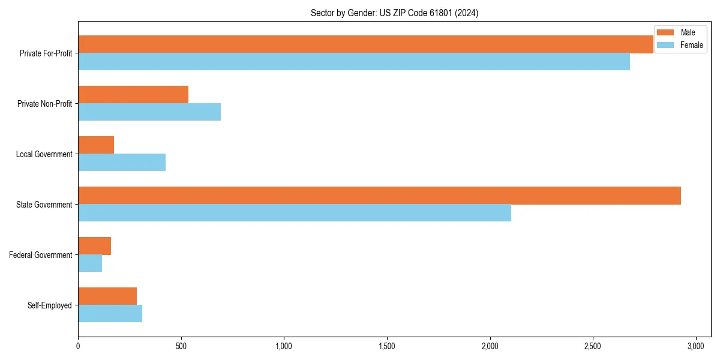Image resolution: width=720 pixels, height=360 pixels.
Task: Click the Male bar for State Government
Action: coord(379,196)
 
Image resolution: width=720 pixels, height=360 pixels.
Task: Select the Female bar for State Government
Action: coord(295,213)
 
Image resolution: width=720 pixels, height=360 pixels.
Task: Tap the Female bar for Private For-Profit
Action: coord(354,62)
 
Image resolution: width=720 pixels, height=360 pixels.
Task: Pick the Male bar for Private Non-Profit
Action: coord(133,95)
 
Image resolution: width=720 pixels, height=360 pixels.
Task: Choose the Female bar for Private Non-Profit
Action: coord(149,112)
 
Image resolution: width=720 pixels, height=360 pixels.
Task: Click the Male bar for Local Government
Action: coord(96,145)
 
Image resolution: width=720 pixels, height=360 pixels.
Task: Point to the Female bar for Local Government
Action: coord(122,163)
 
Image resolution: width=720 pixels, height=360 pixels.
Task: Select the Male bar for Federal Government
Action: coord(94,246)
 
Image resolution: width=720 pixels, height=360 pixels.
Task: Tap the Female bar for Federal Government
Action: coord(90,263)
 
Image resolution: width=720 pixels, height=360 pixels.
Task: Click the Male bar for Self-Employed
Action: coord(107,296)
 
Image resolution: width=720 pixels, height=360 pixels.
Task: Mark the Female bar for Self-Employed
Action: coord(110,314)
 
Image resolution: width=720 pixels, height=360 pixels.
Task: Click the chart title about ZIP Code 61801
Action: coord(394,13)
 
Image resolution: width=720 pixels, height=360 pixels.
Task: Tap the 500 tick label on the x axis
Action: coord(181,346)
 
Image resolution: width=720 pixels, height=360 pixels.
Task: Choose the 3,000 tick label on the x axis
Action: coord(695,346)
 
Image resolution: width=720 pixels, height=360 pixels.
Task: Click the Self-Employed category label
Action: coord(50,305)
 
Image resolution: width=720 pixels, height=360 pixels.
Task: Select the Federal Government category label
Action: coord(41,255)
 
